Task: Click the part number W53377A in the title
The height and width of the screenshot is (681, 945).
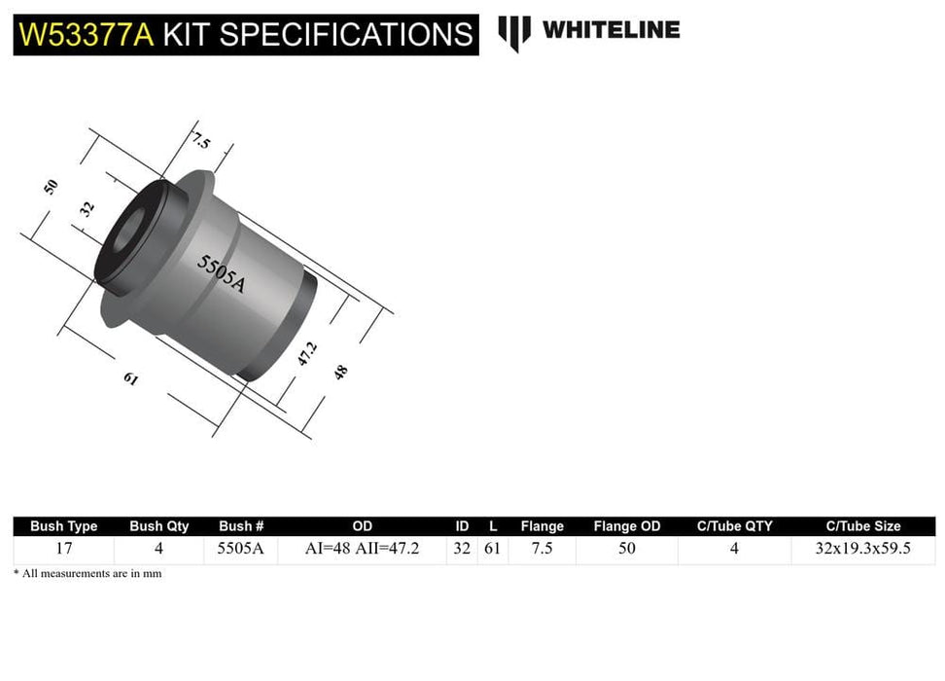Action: (85, 34)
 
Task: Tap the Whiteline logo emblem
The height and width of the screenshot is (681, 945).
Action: (514, 32)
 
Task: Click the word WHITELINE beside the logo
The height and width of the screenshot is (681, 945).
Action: (611, 30)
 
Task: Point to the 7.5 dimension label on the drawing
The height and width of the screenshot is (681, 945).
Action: (201, 141)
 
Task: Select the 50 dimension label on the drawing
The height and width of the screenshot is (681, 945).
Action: (52, 187)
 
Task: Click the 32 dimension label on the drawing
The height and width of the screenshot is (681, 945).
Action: (87, 207)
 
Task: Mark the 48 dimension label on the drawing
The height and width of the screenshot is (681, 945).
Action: (340, 371)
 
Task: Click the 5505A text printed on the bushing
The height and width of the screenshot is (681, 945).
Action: (222, 273)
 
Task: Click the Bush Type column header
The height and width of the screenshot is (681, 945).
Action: (64, 526)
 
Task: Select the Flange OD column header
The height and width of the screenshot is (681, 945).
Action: (627, 526)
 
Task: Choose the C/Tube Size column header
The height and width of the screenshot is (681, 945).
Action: (863, 526)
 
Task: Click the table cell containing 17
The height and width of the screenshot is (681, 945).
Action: (64, 549)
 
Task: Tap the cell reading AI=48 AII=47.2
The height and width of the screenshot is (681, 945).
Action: (362, 549)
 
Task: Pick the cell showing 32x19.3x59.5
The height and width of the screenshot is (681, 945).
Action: (863, 549)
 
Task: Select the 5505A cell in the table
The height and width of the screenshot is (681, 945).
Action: (241, 549)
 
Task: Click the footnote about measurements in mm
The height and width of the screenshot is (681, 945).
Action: (87, 574)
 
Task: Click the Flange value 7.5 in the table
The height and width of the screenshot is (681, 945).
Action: (542, 549)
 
